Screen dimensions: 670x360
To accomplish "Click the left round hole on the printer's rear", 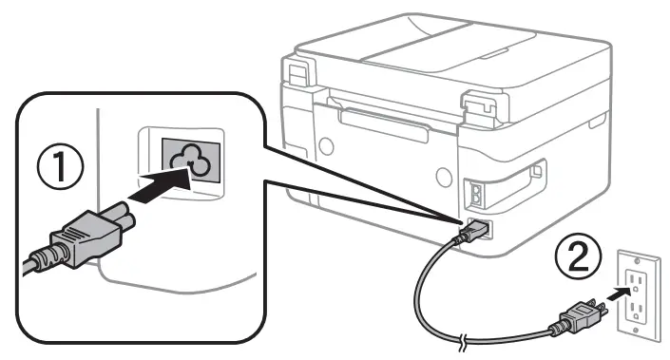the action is tap(327, 145).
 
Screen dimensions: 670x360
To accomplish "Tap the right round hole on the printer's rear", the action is tap(442, 177).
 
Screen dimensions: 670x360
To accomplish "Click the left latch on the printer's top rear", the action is tap(297, 71).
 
